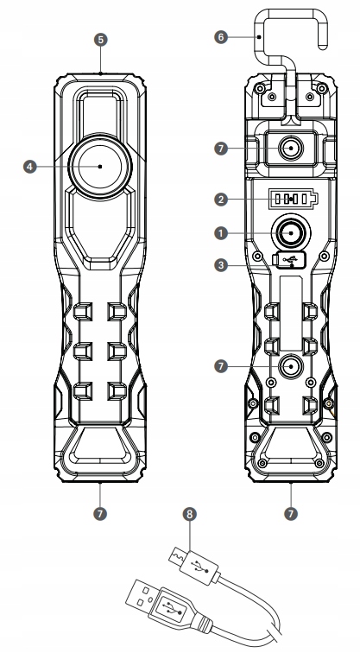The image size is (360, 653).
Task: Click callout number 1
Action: point(221,233)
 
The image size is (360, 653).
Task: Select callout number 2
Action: point(221,199)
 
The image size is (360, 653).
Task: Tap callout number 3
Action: point(221,265)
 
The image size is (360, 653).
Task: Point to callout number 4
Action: point(29,167)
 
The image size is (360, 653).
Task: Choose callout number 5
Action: point(100,40)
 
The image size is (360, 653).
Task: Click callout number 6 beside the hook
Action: point(221,37)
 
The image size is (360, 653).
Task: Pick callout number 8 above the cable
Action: point(189,514)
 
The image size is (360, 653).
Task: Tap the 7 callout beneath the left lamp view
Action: point(100,514)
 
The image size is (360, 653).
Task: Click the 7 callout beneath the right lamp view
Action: point(290,514)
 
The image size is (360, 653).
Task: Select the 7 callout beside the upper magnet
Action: point(221,149)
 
